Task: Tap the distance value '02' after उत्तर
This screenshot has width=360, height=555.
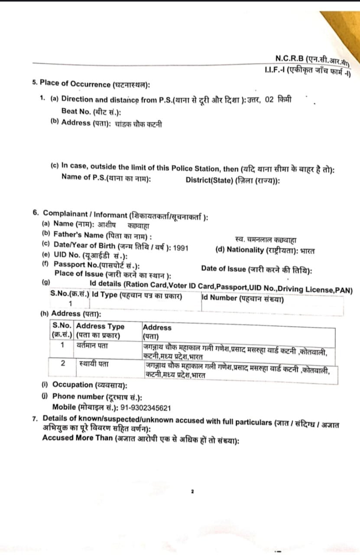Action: tap(269, 99)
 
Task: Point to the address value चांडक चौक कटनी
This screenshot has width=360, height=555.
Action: tap(139, 124)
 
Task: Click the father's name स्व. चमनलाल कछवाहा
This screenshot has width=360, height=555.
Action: tap(265, 239)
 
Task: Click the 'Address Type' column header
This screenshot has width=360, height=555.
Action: tap(100, 326)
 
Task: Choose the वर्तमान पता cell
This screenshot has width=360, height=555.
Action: tap(93, 346)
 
